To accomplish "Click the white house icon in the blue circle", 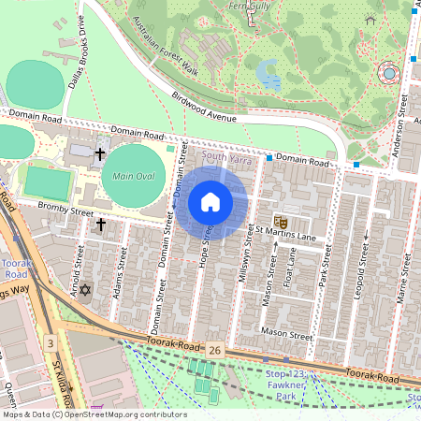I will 210,202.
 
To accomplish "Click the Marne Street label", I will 403,280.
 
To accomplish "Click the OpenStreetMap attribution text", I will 94,414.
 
